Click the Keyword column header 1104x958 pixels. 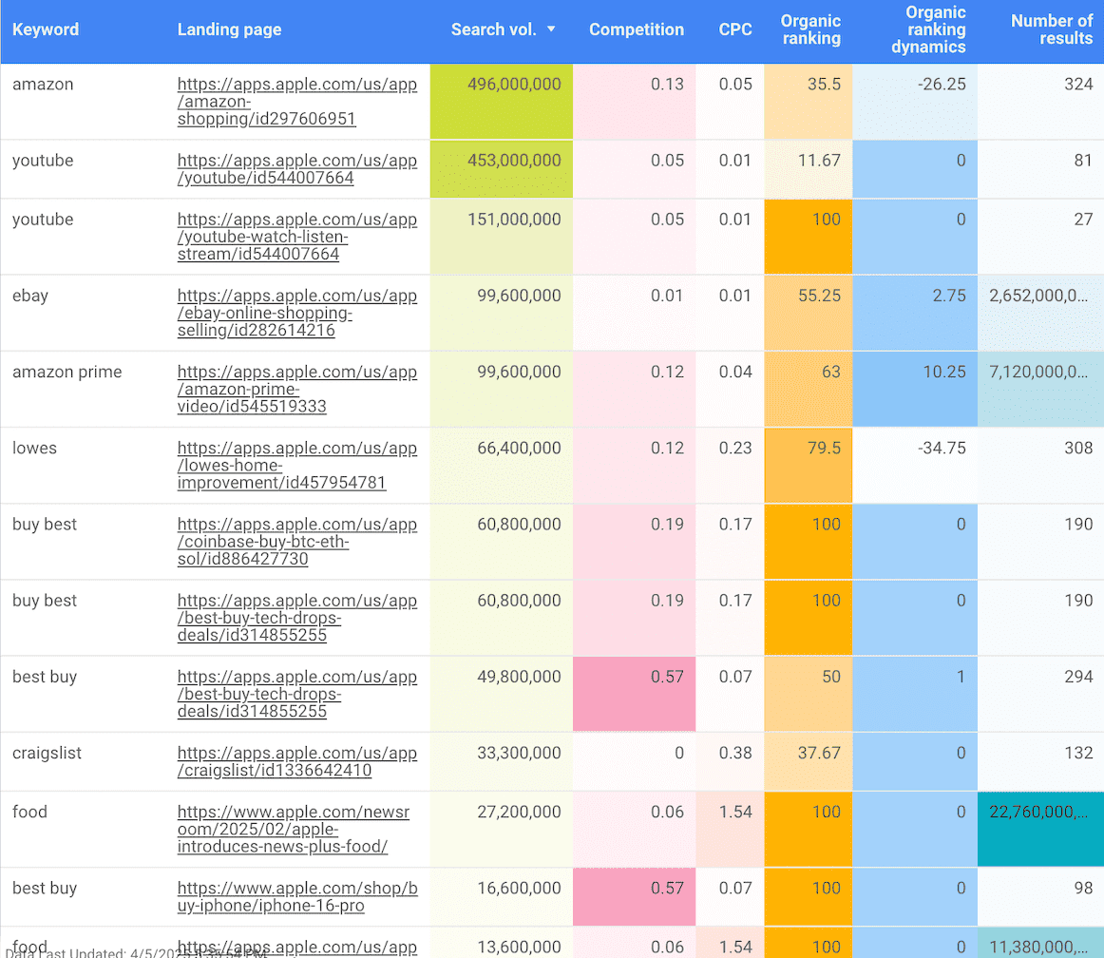click(x=46, y=29)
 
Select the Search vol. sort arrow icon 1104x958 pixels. click(x=551, y=29)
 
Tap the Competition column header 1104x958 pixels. click(x=636, y=29)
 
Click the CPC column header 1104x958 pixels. click(x=734, y=29)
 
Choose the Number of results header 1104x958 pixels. click(x=1051, y=29)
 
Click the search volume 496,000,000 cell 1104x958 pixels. click(x=514, y=85)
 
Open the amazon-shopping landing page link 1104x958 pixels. click(x=296, y=102)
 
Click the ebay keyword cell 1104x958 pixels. click(x=30, y=296)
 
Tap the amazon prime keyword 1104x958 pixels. click(x=67, y=372)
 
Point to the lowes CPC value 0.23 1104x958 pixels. click(x=734, y=448)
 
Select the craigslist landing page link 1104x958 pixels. click(x=296, y=761)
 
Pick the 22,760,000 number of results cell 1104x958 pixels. click(x=1037, y=812)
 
